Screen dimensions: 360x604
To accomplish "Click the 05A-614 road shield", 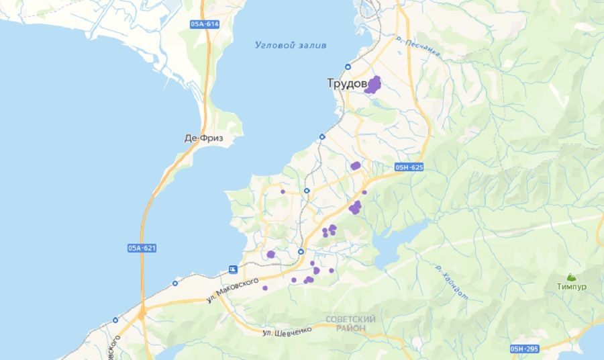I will (205, 24).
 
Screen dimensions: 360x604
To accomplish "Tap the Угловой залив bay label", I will (291, 45).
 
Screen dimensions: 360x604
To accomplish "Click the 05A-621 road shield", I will (142, 248).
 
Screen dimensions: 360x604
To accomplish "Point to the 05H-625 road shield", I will (409, 167).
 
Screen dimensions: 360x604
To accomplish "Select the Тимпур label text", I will (571, 287).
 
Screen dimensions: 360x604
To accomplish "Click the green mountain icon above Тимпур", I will (571, 276).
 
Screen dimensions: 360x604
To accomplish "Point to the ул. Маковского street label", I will (233, 291).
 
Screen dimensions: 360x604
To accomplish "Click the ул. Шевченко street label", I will (287, 330).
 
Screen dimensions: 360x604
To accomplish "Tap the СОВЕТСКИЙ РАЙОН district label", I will (350, 323).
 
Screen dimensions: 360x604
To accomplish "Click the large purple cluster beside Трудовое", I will (373, 85).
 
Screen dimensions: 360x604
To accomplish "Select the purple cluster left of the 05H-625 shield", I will (356, 165).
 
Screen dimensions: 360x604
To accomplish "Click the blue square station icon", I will (233, 269).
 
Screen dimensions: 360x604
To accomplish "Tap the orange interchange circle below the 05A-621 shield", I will (142, 313).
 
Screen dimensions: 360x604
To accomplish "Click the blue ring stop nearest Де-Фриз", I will (321, 136).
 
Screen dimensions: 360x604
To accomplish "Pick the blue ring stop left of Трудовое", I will (348, 66).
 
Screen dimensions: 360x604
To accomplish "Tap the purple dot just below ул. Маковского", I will (265, 288).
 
